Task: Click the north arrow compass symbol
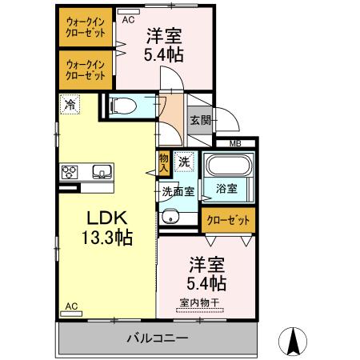[x=293, y=342]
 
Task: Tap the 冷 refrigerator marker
[x=70, y=103]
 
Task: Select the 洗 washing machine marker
[x=183, y=161]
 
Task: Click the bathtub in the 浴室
[x=228, y=168]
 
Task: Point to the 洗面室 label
[x=178, y=192]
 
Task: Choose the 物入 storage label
[x=164, y=163]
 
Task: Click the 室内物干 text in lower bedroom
[x=204, y=302]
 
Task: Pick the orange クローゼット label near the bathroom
[x=227, y=219]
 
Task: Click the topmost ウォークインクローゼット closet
[x=86, y=28]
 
